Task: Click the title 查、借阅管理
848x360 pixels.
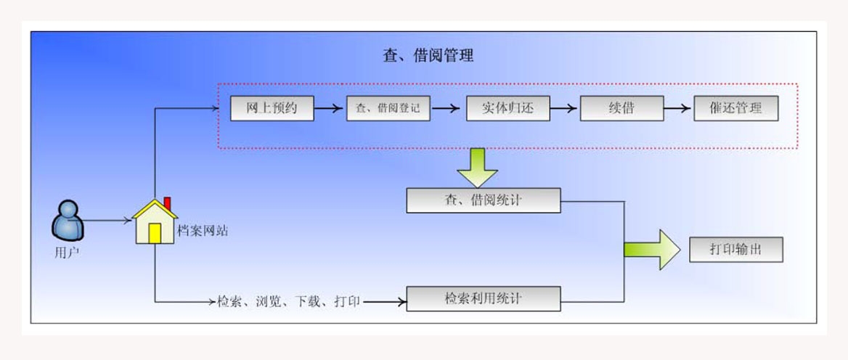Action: pos(428,55)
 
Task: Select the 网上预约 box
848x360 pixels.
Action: pos(272,109)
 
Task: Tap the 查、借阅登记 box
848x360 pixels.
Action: pos(388,109)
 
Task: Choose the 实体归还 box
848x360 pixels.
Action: pos(507,109)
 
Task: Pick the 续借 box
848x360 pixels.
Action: pos(621,109)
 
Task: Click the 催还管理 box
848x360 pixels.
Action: pos(735,109)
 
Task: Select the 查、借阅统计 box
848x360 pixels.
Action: pos(483,201)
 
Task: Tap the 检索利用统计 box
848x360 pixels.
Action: pos(483,298)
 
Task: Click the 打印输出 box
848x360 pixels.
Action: pos(735,250)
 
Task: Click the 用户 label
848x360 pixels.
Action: pos(67,253)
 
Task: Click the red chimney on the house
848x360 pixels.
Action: pos(168,202)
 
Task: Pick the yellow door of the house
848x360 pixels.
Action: pos(155,233)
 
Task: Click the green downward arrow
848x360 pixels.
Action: pos(477,168)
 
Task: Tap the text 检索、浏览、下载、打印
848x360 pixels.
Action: pos(288,300)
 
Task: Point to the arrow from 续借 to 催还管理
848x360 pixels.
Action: pos(678,109)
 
